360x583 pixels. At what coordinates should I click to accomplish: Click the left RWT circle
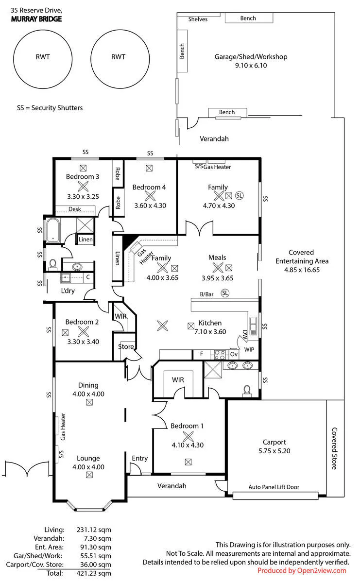14,59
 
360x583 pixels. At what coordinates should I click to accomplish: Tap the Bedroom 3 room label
83,176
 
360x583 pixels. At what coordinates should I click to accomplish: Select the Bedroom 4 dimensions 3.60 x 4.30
150,206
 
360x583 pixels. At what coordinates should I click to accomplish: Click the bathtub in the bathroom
53,230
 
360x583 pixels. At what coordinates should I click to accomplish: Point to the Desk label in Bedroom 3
75,209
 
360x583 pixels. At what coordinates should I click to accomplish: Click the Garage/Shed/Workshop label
251,57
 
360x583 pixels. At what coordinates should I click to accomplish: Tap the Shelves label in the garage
198,19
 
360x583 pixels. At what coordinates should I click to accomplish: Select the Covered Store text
334,448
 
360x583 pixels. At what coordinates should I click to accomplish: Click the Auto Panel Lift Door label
274,487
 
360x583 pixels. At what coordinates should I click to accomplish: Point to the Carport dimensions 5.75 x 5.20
274,451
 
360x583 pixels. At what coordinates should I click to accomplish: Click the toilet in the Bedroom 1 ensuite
247,391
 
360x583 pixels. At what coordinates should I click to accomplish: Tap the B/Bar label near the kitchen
206,294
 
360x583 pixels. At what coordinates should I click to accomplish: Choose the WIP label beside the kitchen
249,349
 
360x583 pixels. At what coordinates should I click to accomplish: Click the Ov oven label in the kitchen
234,354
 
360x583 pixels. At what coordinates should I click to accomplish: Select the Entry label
140,458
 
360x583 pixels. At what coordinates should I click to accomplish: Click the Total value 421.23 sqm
94,573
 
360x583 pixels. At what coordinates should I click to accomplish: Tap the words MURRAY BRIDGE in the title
36,19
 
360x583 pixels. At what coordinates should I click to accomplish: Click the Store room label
126,346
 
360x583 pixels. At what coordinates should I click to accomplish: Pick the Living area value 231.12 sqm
94,530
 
